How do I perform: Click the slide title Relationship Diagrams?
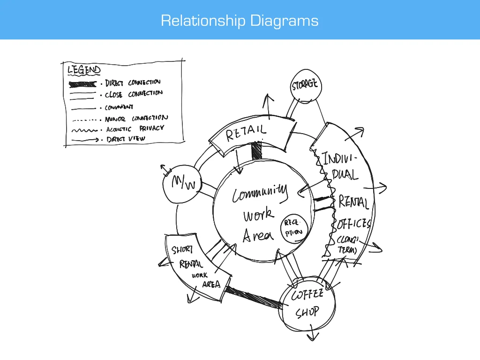(x=240, y=21)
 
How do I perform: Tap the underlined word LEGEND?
(x=84, y=70)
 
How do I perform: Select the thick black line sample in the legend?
(x=83, y=84)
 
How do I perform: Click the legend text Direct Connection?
(x=133, y=83)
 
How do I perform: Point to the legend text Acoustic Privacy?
(x=135, y=128)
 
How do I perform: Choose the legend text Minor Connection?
(x=136, y=118)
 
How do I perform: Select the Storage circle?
(x=305, y=85)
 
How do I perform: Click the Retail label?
(x=246, y=132)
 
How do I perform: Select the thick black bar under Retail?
(x=256, y=151)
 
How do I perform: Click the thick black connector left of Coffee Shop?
(x=254, y=298)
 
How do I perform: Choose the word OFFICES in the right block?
(x=354, y=224)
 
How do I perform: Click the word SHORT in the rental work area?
(x=182, y=250)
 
